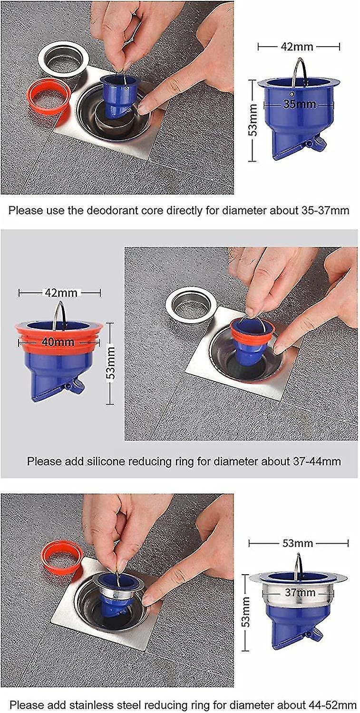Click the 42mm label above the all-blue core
(x=299, y=47)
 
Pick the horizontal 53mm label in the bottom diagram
(x=299, y=543)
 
